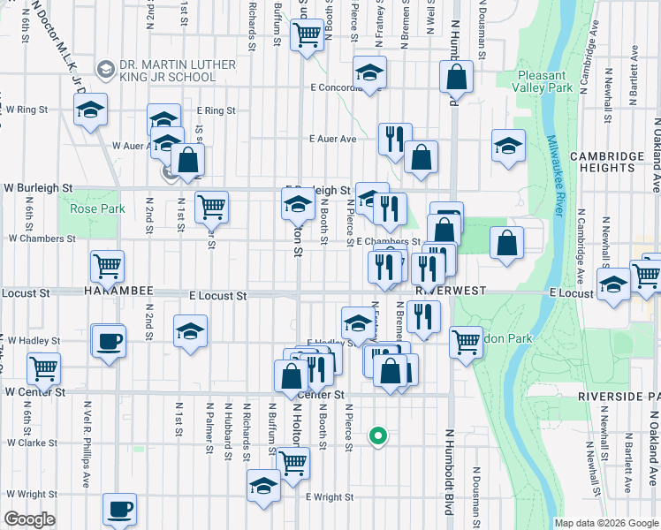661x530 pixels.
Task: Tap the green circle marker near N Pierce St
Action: (x=378, y=435)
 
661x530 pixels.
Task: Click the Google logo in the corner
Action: (x=29, y=519)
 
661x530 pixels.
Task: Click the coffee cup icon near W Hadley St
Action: (x=109, y=341)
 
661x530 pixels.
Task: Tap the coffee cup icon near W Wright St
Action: (x=119, y=509)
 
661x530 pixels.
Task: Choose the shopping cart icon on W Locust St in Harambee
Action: (x=107, y=264)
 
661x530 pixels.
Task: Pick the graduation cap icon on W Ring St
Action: (x=90, y=110)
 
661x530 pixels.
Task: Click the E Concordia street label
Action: (x=332, y=87)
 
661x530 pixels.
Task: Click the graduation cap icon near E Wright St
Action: (x=262, y=486)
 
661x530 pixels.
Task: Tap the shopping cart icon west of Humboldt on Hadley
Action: (x=466, y=341)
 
